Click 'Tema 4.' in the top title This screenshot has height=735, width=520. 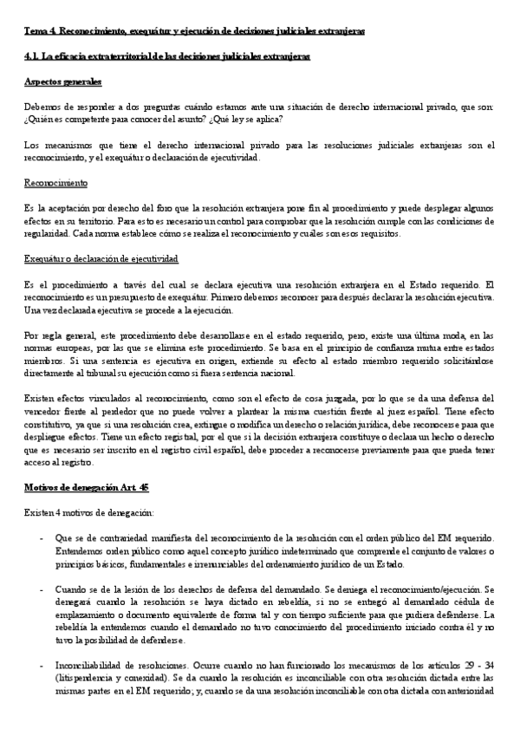[40, 30]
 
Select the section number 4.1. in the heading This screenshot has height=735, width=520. [33, 55]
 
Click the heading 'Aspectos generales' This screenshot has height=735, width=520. [62, 81]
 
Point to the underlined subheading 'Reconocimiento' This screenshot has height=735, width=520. [55, 184]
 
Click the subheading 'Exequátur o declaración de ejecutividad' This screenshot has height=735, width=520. [102, 259]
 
